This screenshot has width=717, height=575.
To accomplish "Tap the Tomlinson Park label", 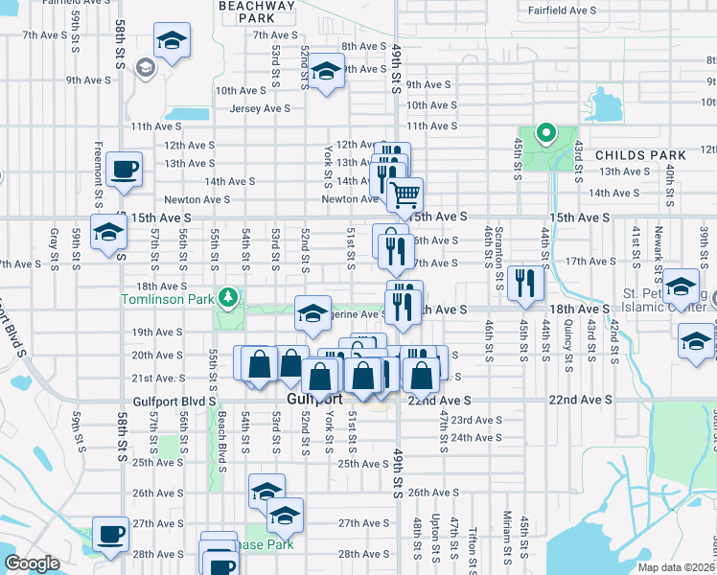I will click(x=166, y=299).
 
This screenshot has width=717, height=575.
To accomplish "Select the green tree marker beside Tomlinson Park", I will click(x=227, y=299).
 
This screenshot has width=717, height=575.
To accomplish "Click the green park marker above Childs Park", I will click(x=545, y=133).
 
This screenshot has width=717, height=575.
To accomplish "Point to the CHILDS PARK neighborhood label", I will click(x=640, y=155).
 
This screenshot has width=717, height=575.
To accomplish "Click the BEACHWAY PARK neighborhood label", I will click(x=256, y=11).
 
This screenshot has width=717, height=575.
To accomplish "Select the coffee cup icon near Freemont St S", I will click(x=125, y=170).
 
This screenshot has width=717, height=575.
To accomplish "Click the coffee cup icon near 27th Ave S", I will click(x=110, y=534).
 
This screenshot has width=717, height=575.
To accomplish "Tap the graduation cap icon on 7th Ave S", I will click(x=173, y=41).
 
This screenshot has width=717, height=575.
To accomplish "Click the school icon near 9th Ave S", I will click(x=326, y=71).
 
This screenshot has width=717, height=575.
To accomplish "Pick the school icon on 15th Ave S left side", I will click(x=108, y=232).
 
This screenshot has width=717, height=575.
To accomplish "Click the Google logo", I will click(x=32, y=564).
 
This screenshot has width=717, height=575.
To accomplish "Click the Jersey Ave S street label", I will click(x=260, y=108).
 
